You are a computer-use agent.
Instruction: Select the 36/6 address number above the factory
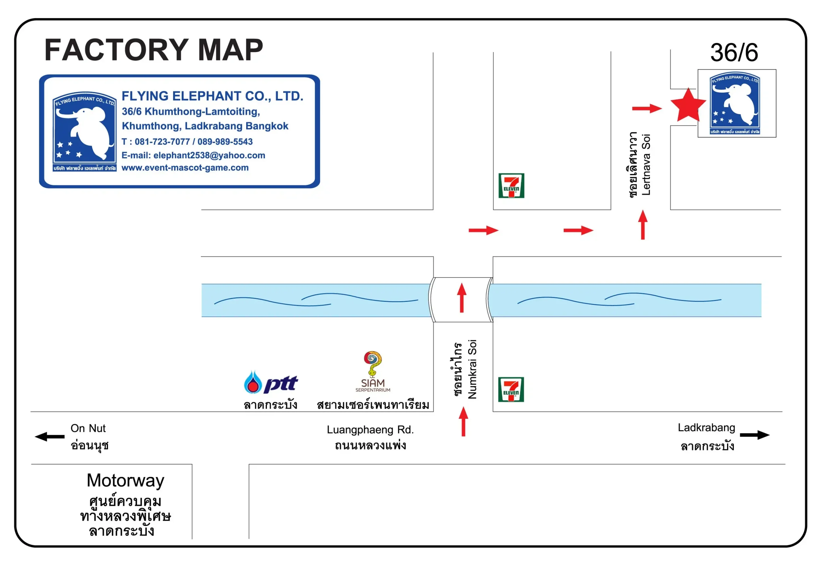(x=734, y=53)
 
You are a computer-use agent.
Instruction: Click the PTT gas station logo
(x=271, y=383)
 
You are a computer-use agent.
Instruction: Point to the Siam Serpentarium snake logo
(x=373, y=371)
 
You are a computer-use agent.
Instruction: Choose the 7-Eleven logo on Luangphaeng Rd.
(x=511, y=390)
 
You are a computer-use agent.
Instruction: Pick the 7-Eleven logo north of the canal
(x=511, y=186)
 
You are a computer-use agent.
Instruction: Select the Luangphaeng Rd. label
(x=370, y=430)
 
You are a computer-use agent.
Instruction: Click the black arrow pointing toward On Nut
(x=50, y=437)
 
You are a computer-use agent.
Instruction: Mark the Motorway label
(x=125, y=481)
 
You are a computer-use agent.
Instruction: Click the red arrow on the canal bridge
(x=462, y=298)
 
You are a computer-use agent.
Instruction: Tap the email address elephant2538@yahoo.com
(x=209, y=156)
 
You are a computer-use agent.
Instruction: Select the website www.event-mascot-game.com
(x=185, y=168)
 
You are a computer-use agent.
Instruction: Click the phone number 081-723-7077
(x=162, y=142)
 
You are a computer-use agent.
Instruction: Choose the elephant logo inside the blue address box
(x=84, y=132)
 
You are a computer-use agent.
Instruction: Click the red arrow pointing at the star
(x=647, y=108)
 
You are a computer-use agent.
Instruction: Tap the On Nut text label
(x=88, y=428)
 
